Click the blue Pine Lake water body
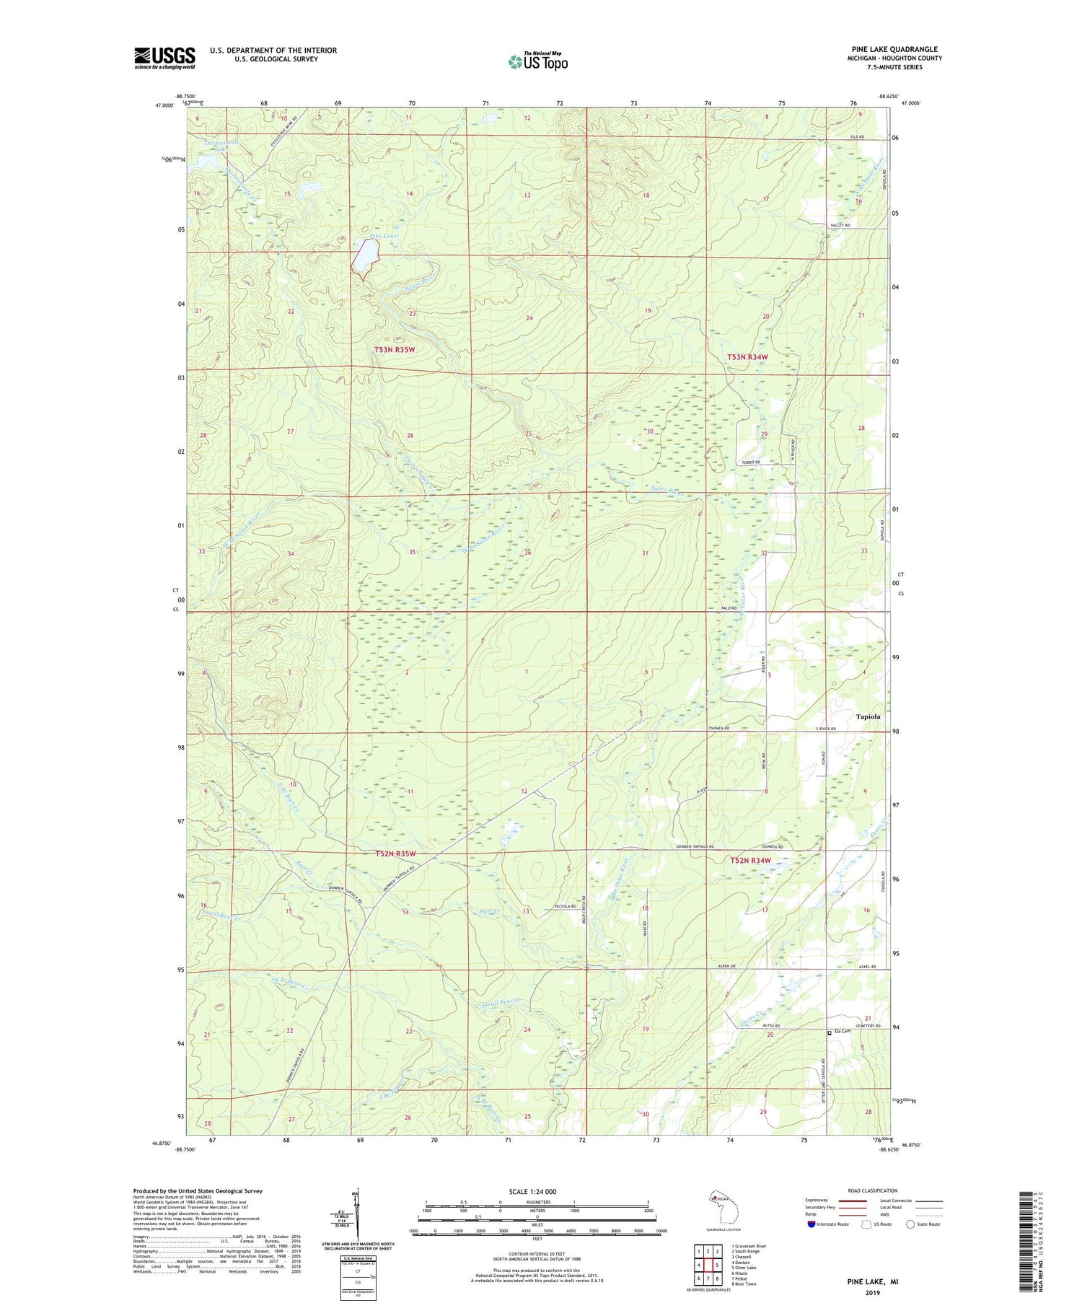(365, 258)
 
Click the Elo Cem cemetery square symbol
(829, 1033)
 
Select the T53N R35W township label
(395, 350)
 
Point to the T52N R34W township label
(750, 861)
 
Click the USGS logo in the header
(164, 58)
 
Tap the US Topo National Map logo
(537, 61)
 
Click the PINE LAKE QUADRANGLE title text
(894, 49)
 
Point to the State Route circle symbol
(910, 1224)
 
